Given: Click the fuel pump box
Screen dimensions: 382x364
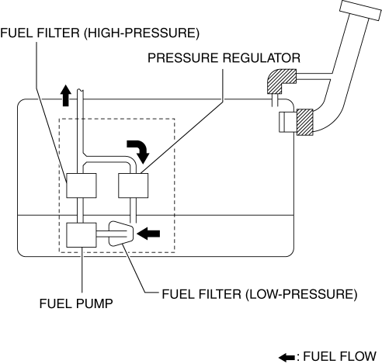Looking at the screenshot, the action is click(x=82, y=235).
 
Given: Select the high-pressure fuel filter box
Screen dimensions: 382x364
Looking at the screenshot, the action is click(x=82, y=185).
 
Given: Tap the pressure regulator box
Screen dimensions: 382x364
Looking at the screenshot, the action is click(x=134, y=185).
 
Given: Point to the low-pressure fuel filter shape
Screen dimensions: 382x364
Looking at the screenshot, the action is click(x=121, y=234).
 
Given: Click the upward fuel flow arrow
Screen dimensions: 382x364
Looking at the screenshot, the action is click(x=66, y=95).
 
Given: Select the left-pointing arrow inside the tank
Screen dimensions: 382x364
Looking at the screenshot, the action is click(x=148, y=234).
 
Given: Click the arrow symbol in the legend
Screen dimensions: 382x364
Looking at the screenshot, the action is click(x=286, y=358).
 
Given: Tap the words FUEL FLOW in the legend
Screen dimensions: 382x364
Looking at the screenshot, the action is click(x=339, y=356).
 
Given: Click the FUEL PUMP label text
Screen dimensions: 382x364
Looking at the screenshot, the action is click(x=76, y=303).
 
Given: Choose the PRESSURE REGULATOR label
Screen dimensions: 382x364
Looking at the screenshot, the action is click(x=224, y=58).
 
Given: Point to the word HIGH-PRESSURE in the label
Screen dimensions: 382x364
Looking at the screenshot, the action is click(x=141, y=33).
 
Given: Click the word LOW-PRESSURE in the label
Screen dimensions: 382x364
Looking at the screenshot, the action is click(x=301, y=294).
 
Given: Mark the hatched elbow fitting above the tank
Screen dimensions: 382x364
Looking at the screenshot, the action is click(x=281, y=81).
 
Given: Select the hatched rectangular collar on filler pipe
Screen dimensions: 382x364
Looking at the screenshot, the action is click(x=305, y=122).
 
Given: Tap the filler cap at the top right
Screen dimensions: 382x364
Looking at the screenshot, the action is click(x=360, y=10).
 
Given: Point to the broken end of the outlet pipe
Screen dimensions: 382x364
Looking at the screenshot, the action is click(x=80, y=90).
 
